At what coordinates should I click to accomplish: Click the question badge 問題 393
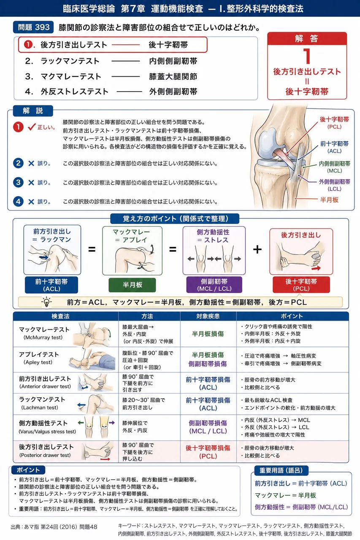pos(33,27)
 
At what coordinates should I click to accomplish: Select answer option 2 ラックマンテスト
pos(70,61)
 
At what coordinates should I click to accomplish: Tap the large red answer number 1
pos(307,56)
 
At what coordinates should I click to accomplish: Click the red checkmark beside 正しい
pos(32,127)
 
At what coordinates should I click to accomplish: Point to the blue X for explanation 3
pos(31,183)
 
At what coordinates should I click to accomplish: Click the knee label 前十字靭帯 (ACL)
pos(334,147)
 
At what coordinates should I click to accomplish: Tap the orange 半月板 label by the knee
pos(329,200)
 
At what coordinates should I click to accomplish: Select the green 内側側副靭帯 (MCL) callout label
pos(334,167)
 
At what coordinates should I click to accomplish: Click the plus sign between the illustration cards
pos(257,249)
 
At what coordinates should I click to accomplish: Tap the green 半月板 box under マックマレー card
pos(132,285)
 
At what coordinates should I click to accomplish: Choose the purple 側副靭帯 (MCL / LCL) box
pos(214,285)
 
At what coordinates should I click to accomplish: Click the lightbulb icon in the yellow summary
pos(46,302)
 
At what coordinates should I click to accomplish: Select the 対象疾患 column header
pos(208,316)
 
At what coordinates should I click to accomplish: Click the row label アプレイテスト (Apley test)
pos(39,358)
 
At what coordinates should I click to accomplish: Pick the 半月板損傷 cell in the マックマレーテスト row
pos(208,334)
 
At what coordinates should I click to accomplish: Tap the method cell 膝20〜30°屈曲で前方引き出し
pos(143,404)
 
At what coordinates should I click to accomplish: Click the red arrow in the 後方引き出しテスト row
pos(105,459)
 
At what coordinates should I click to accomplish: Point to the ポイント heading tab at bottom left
pos(28,470)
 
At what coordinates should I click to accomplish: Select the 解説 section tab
pos(33,111)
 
